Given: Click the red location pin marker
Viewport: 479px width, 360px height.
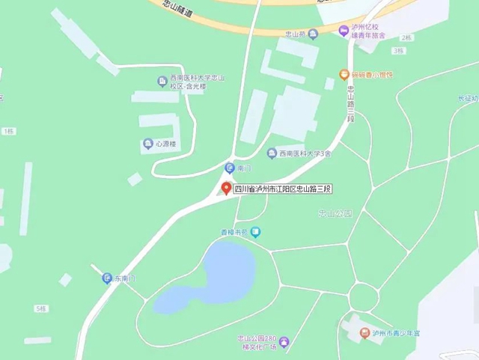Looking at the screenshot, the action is [x=226, y=188].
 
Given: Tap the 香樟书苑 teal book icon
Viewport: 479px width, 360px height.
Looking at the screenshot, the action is [x=256, y=233].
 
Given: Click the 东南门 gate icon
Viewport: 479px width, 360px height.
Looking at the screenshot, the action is [x=107, y=278].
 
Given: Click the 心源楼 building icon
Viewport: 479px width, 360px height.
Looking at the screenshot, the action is [x=147, y=144].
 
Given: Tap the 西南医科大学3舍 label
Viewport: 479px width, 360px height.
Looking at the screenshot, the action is [x=304, y=154].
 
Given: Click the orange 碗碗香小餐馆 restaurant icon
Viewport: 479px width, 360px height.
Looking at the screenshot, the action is [x=344, y=75].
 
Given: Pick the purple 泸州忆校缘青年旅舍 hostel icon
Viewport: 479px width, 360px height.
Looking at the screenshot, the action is [x=344, y=31].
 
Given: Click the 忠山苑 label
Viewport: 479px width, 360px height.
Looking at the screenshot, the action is [x=296, y=34].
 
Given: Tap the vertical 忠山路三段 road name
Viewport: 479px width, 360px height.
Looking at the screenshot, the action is [x=350, y=101].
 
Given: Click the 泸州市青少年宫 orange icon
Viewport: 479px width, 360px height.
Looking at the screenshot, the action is [x=364, y=333].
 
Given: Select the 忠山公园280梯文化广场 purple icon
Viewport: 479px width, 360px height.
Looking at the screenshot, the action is [x=284, y=342].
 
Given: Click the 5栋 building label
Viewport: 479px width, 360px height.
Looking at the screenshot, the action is [x=40, y=308].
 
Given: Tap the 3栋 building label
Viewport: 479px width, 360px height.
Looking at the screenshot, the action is [x=397, y=51].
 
